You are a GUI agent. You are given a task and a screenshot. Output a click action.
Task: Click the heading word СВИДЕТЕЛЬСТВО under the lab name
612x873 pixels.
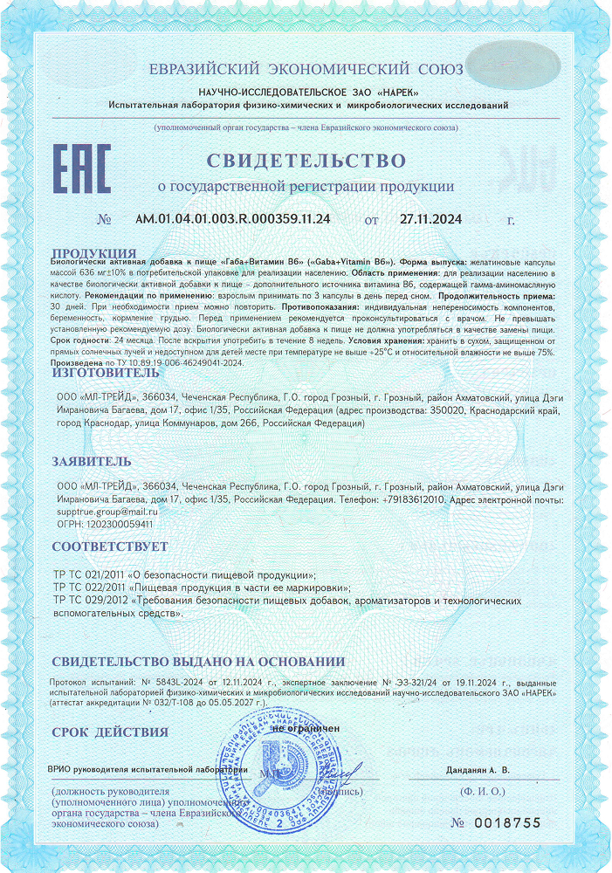306,161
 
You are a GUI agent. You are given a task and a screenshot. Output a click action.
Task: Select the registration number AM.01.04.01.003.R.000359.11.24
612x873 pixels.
232,219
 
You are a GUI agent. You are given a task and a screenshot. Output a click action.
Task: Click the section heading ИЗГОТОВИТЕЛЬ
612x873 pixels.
106,373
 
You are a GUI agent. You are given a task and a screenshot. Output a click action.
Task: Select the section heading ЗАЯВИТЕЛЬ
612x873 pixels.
92,461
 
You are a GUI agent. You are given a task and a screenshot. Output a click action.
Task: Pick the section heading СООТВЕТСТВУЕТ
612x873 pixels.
110,547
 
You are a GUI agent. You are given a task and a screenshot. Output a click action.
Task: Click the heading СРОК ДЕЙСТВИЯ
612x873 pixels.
110,732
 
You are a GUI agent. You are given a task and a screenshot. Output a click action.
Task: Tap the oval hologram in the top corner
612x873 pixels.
513,62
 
